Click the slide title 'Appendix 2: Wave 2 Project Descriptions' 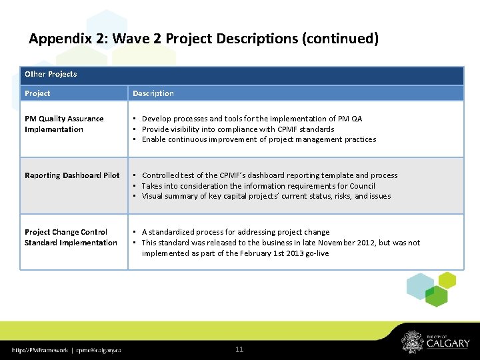click(x=203, y=39)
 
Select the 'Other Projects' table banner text click(x=51, y=74)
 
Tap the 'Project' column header click(x=37, y=93)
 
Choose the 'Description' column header click(x=153, y=93)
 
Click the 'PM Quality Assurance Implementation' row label click(x=64, y=124)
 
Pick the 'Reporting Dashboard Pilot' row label click(x=72, y=175)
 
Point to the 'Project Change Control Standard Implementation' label click(x=71, y=237)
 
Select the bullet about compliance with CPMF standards click(x=238, y=129)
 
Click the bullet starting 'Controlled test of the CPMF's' click(x=269, y=175)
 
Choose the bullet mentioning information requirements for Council click(x=259, y=186)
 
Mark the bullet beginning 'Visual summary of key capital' click(x=266, y=196)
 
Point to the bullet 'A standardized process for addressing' click(x=235, y=232)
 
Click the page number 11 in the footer click(x=239, y=349)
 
